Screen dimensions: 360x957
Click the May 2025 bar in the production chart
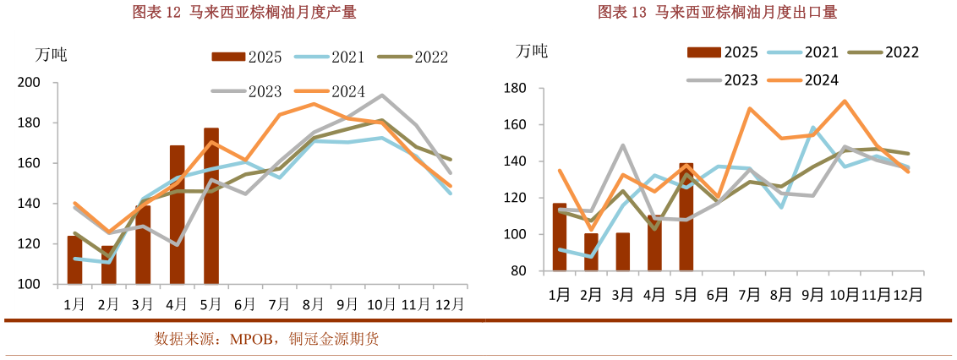pos(211,206)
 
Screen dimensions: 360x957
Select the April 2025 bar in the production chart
pos(178,215)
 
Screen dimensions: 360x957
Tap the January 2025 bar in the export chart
pos(560,237)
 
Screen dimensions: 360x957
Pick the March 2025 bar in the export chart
pos(622,252)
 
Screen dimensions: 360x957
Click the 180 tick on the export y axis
pos(515,89)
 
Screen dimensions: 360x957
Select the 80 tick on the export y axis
pos(518,271)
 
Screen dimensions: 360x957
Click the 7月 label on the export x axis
pos(749,294)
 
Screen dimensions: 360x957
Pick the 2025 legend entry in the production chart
pos(247,57)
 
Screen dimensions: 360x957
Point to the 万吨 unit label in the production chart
pos(51,55)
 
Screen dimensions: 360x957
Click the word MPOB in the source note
pos(254,340)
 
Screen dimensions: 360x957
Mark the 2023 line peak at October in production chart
pos(382,95)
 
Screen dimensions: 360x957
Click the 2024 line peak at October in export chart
pos(844,101)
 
